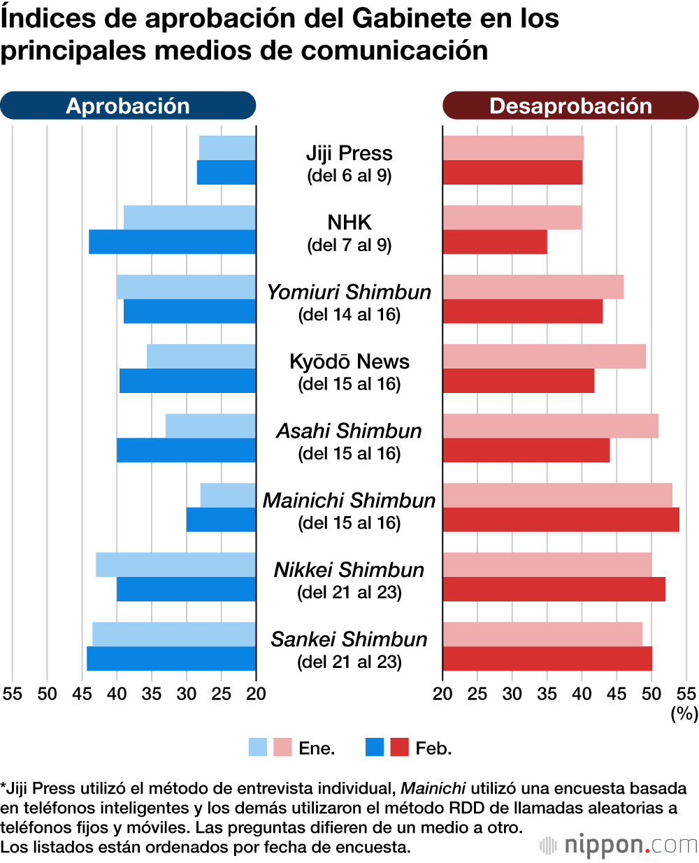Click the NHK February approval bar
pos(172,242)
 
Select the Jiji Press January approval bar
pos(227,148)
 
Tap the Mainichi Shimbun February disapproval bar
pos(561,520)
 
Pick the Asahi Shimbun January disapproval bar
pos(550,426)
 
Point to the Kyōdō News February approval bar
pos(187,380)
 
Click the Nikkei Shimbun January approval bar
pos(175,564)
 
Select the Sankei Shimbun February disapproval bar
pos(547,659)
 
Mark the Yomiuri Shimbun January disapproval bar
pos(533,287)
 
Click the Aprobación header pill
pos(128,106)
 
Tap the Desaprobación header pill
pos(570,106)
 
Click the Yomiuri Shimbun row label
pos(349,292)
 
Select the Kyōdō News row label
pos(349,362)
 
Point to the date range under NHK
pos(349,245)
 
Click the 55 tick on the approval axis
pos(13,694)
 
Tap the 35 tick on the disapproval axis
pos(547,694)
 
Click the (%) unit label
pos(684,713)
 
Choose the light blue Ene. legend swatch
pos(258,748)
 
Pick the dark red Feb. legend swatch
pos(399,748)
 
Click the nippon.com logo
pos(619,846)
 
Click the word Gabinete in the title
pos(410,18)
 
